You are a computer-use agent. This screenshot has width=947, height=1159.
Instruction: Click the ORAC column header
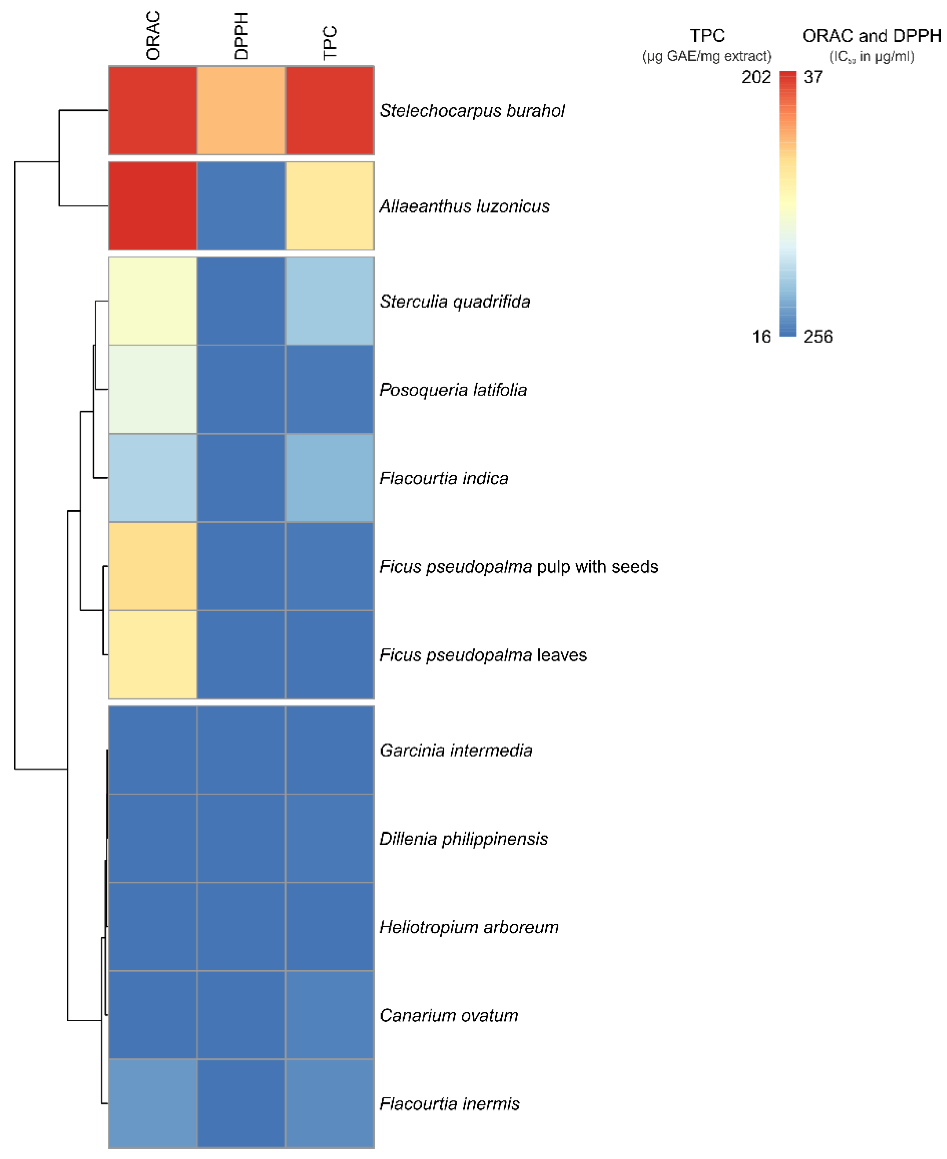153,36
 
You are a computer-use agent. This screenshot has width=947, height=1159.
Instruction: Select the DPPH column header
241,36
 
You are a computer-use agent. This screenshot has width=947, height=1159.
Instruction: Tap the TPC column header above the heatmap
330,43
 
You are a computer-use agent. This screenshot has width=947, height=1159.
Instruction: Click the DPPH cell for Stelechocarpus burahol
241,110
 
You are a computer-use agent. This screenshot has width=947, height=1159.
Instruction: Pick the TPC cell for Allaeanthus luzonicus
330,206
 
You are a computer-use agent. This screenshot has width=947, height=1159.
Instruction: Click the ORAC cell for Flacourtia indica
153,478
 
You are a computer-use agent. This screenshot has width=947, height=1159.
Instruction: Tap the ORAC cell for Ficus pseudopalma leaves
153,655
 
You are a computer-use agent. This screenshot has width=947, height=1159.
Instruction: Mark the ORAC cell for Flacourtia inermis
153,1103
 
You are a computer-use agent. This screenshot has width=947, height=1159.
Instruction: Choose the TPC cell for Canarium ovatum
330,1015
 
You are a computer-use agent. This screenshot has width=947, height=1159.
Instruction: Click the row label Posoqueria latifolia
453,390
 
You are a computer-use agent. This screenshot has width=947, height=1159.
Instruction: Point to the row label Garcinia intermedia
456,750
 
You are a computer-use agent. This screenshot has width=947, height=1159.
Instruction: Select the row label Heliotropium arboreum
469,927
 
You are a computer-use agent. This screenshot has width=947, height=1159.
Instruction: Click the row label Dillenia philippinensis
463,838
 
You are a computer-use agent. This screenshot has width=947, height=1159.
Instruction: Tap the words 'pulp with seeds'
597,567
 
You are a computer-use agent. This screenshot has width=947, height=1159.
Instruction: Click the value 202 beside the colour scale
756,77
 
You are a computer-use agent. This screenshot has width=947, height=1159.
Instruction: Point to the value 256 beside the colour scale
818,336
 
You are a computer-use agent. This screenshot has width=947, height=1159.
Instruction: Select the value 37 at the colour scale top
813,77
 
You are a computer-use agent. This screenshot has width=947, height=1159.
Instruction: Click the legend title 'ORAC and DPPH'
871,36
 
